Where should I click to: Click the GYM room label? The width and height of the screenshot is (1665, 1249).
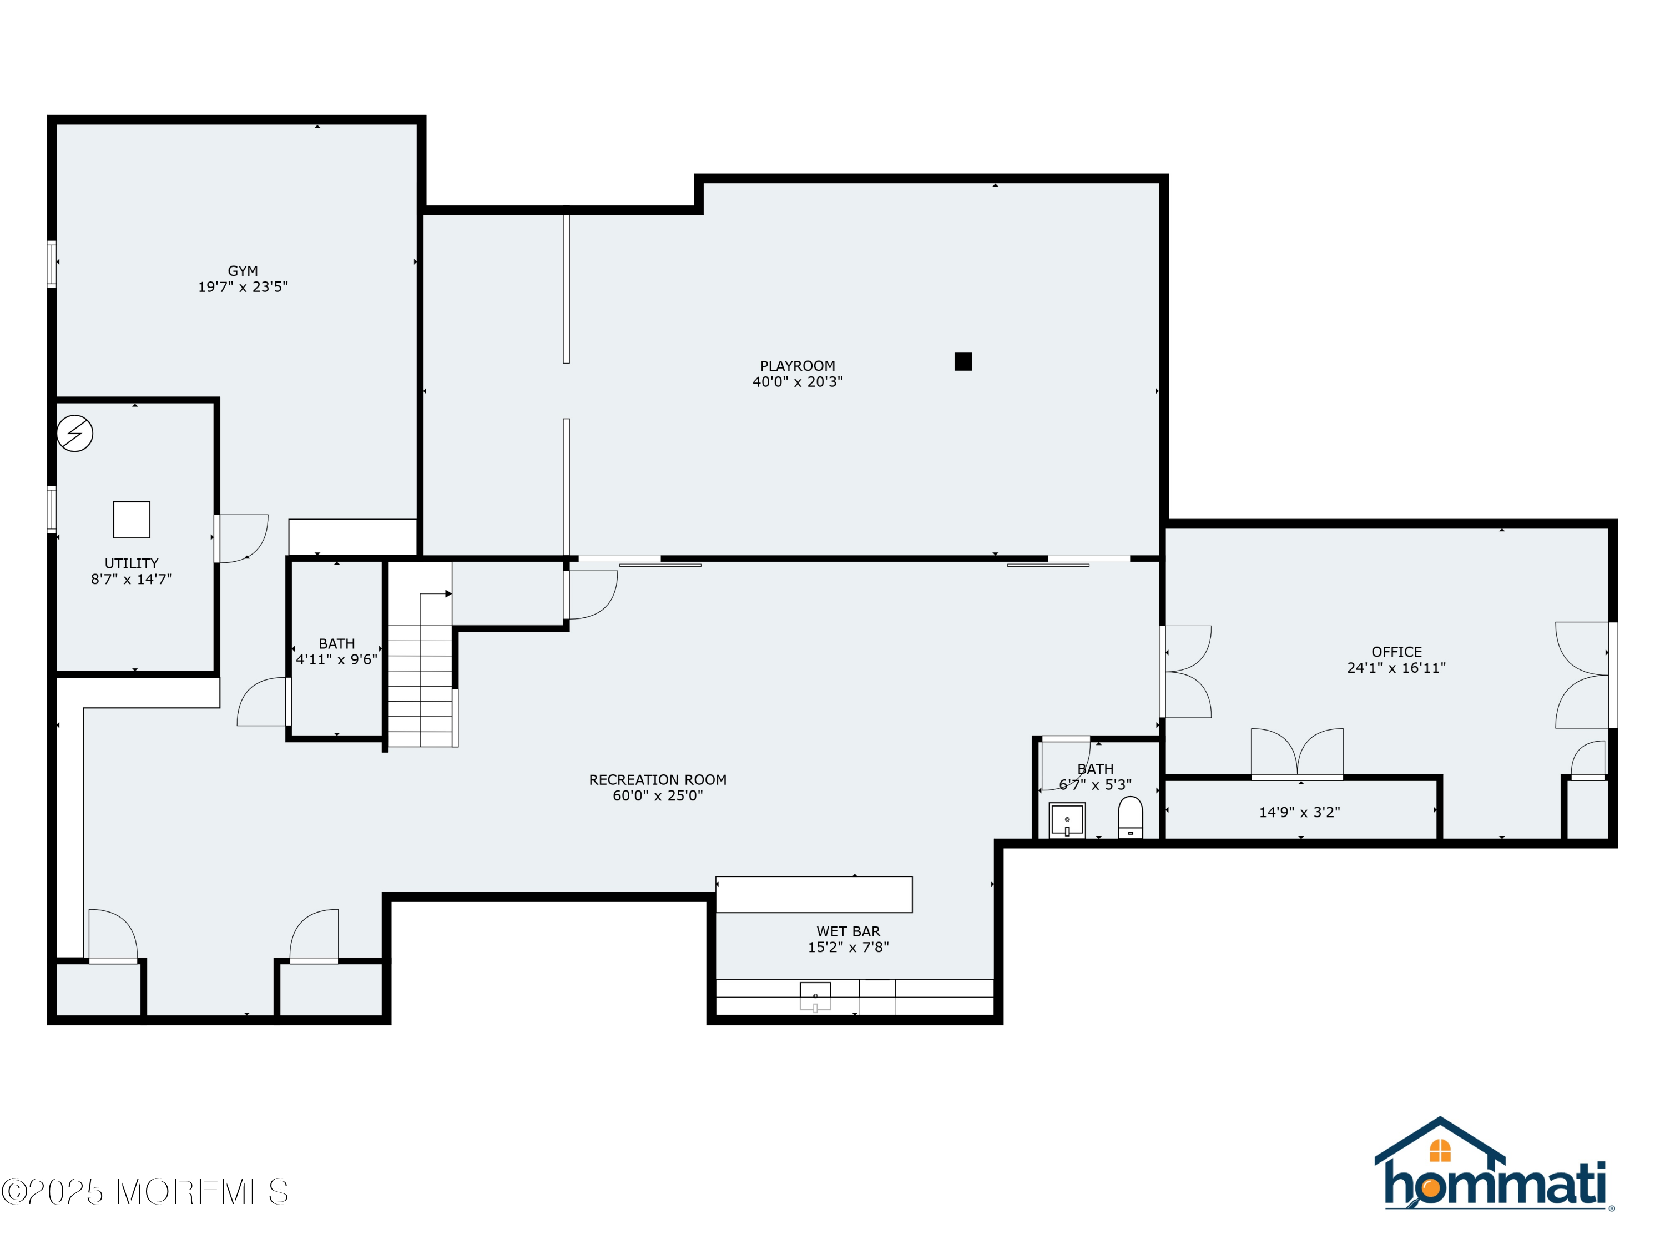click(243, 271)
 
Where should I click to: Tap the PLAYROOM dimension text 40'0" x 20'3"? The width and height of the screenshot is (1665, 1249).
click(797, 382)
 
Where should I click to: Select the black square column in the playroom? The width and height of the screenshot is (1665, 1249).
click(963, 361)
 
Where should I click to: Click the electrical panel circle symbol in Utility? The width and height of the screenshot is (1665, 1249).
click(74, 434)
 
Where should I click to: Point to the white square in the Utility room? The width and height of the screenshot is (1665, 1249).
click(132, 520)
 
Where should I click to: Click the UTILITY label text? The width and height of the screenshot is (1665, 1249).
click(131, 563)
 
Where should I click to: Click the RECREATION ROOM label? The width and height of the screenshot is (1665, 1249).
click(657, 780)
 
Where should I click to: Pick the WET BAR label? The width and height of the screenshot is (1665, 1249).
click(847, 931)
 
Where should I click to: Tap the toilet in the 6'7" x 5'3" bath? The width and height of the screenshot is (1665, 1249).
click(1130, 818)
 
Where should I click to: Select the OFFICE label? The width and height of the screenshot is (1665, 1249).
click(1396, 652)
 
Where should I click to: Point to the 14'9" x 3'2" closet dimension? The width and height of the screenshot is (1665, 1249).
click(1299, 812)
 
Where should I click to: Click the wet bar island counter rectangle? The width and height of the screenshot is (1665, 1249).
click(813, 894)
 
